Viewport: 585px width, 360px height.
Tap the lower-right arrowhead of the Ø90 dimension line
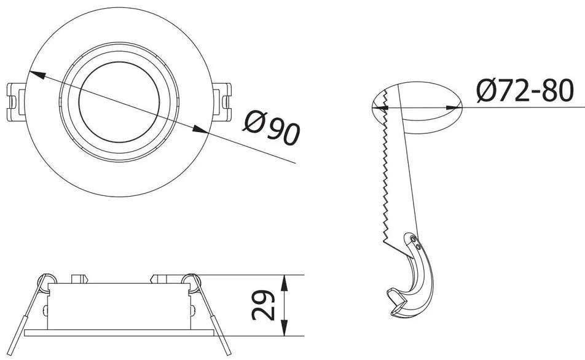tap(200, 130)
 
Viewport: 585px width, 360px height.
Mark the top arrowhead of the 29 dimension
tap(284, 280)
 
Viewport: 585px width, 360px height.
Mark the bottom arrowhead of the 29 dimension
tap(284, 331)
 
